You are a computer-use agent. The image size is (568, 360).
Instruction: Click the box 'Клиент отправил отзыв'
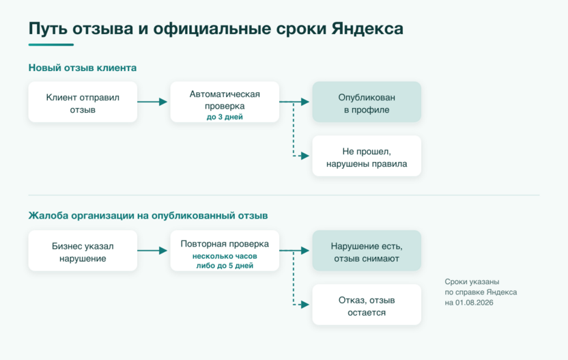pos(83,102)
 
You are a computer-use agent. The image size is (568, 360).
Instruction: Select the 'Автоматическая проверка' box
pos(225,102)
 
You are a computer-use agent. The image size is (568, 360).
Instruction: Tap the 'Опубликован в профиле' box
pos(367,102)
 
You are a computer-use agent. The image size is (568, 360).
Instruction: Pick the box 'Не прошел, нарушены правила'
pos(367,156)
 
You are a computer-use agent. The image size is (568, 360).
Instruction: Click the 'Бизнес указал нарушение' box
pos(83,251)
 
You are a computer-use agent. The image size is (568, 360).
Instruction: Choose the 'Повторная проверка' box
pos(225,251)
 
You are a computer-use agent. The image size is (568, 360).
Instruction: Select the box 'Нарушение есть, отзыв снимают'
pos(367,251)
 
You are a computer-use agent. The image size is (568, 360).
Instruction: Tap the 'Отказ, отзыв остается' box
pos(367,305)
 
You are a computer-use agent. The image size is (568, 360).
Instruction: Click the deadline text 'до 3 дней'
pos(225,117)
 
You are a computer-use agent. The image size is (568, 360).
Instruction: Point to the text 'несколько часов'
pos(225,256)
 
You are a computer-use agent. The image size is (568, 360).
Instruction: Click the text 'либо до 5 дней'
pos(225,265)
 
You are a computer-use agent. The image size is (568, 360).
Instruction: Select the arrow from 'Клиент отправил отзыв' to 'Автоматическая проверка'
pos(152,102)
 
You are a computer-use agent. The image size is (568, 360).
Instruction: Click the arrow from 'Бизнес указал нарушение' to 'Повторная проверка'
pos(152,251)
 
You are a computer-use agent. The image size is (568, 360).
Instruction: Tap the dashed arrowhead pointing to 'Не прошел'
pos(305,156)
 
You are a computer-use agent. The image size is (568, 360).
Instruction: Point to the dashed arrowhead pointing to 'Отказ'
pos(305,305)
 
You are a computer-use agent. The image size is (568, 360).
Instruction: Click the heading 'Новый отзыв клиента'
pos(83,68)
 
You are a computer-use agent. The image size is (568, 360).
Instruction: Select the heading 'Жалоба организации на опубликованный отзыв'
pos(148,216)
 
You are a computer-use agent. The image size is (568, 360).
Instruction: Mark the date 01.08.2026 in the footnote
pos(474,303)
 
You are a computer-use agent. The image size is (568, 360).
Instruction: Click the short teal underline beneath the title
pos(51,44)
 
